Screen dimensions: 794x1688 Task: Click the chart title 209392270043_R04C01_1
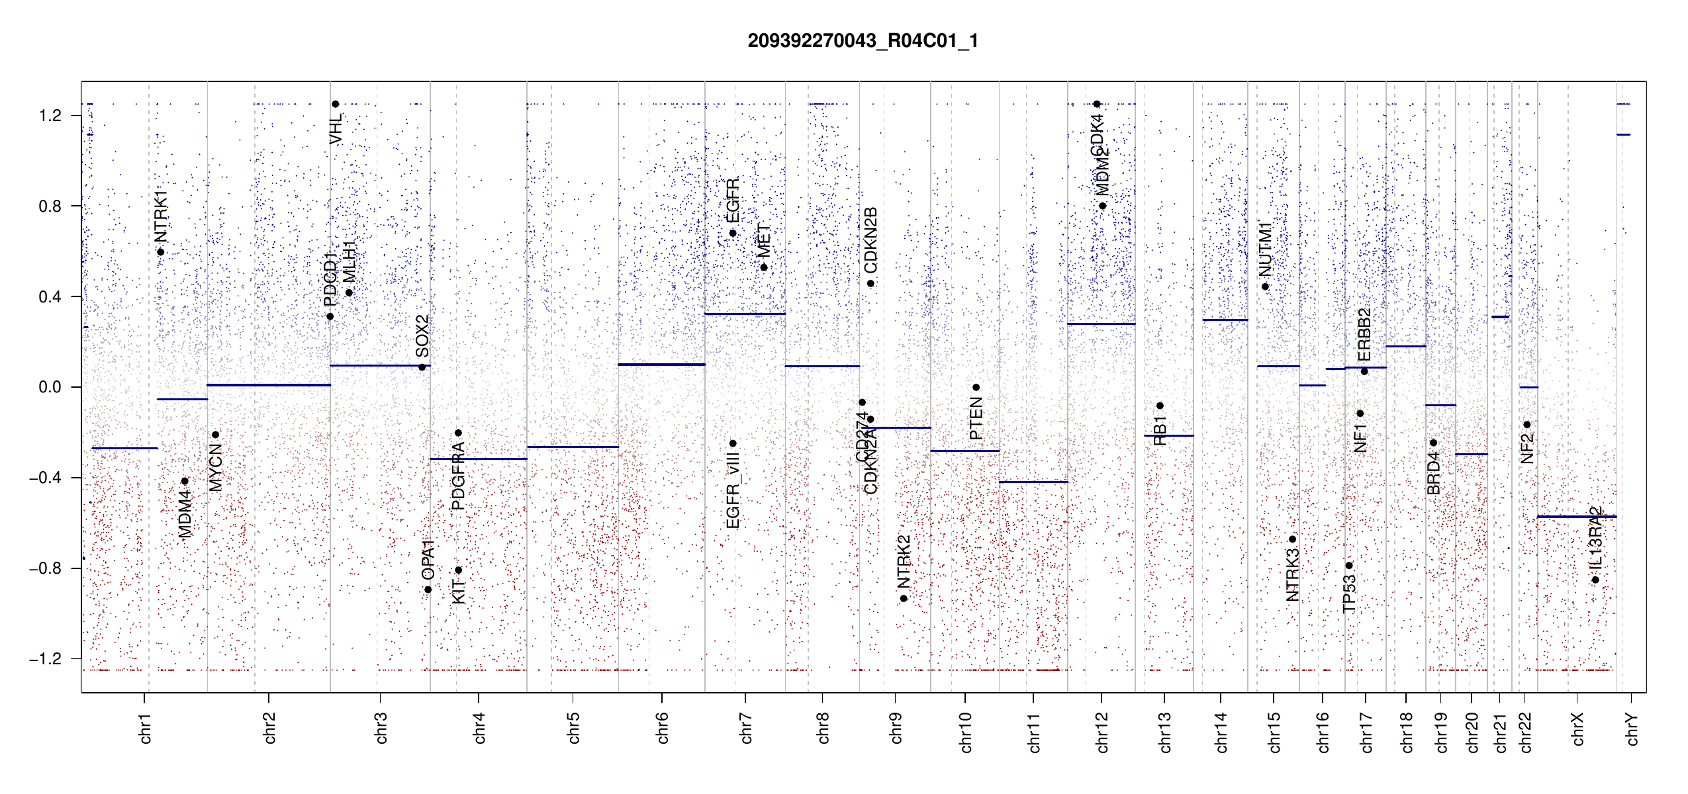(x=863, y=41)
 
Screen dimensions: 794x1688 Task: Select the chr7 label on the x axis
(x=746, y=728)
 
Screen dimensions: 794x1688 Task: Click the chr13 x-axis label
(x=1165, y=732)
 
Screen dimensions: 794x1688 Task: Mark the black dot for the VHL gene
(x=336, y=104)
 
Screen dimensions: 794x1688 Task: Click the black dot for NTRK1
(x=161, y=252)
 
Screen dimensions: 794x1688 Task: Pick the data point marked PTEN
(x=976, y=388)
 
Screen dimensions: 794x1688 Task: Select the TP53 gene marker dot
(x=1349, y=566)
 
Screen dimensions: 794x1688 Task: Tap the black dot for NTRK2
(x=904, y=599)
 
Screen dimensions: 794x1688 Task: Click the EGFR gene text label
(x=733, y=200)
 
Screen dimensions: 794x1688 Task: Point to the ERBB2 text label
(x=1364, y=334)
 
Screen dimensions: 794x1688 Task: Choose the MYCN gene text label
(x=215, y=467)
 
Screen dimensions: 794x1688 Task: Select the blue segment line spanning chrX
(x=1576, y=517)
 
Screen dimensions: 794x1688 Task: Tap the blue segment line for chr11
(x=1033, y=482)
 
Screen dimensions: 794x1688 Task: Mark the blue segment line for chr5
(x=573, y=447)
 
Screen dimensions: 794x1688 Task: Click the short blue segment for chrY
(x=1623, y=135)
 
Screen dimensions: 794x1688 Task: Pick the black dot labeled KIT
(x=458, y=570)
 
